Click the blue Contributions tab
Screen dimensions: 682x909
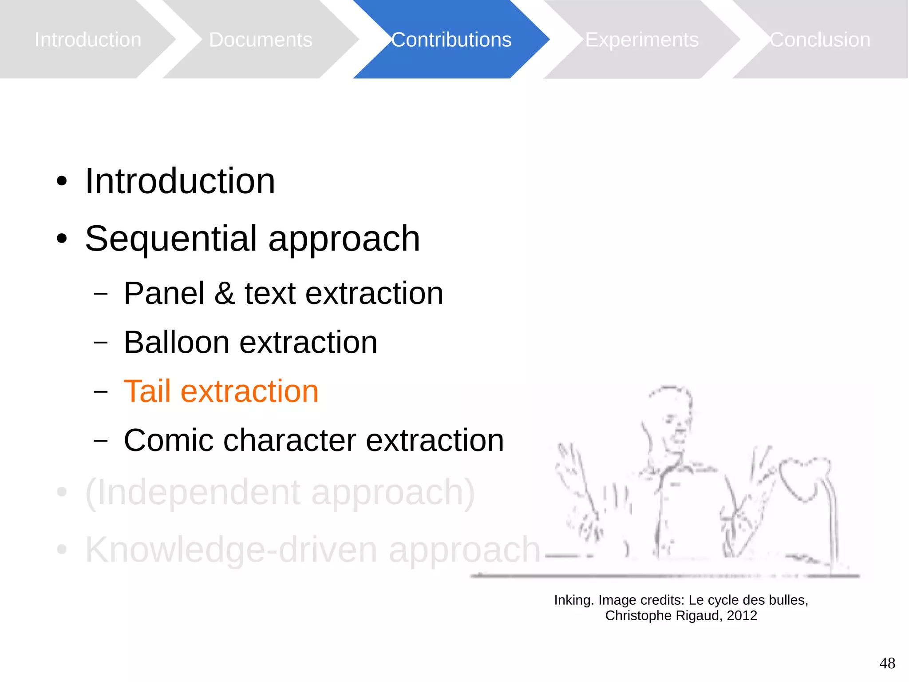click(451, 40)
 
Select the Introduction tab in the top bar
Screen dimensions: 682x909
click(88, 40)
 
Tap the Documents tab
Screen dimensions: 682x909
click(261, 40)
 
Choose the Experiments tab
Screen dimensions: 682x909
click(641, 40)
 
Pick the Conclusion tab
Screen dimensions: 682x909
click(820, 40)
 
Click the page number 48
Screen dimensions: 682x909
click(887, 663)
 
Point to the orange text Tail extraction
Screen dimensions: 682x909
click(221, 391)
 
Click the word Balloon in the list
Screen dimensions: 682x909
click(177, 343)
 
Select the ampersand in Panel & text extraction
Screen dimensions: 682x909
click(225, 294)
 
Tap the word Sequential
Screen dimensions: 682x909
click(171, 239)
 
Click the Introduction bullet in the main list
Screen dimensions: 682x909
click(180, 181)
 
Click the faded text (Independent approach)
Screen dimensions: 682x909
click(280, 492)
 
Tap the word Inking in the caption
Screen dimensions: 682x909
click(573, 600)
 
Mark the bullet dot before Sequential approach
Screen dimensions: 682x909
click(62, 239)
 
